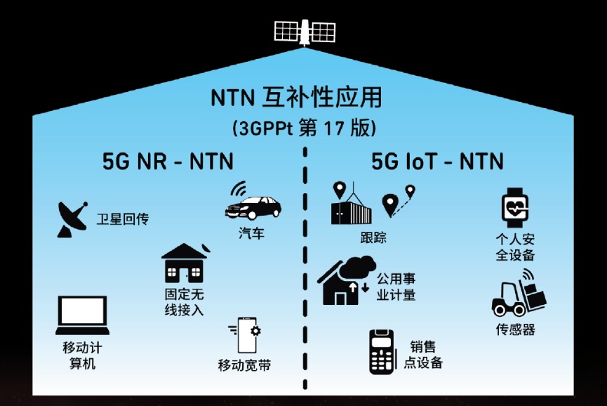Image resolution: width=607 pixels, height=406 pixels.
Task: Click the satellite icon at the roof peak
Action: point(305,32)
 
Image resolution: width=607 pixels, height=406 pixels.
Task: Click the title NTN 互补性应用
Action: point(297,97)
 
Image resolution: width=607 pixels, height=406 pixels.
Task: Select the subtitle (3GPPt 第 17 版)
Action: point(305,128)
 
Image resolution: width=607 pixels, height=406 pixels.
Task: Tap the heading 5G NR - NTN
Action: point(168,161)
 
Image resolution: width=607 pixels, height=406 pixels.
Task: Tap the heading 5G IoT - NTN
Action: point(437,161)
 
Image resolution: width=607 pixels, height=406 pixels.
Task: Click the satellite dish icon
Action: point(72,219)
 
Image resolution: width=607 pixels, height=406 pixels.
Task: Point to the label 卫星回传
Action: point(123,219)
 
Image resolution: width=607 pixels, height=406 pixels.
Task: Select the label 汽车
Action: point(251,233)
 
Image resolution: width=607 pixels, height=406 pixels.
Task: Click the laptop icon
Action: point(83,315)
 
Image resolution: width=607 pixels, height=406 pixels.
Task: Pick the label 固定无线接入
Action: point(185,302)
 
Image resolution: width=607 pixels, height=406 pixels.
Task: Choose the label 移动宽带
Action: point(244,365)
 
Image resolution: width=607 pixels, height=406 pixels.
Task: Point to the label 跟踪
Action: point(373,237)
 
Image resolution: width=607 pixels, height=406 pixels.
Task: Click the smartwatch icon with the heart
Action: point(515,208)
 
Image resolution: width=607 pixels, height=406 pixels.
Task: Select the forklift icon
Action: point(519,294)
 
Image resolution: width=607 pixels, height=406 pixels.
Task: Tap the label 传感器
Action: point(516,329)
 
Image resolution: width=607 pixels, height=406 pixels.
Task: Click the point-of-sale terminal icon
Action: point(382,352)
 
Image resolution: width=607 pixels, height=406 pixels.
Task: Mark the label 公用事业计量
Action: point(396,287)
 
